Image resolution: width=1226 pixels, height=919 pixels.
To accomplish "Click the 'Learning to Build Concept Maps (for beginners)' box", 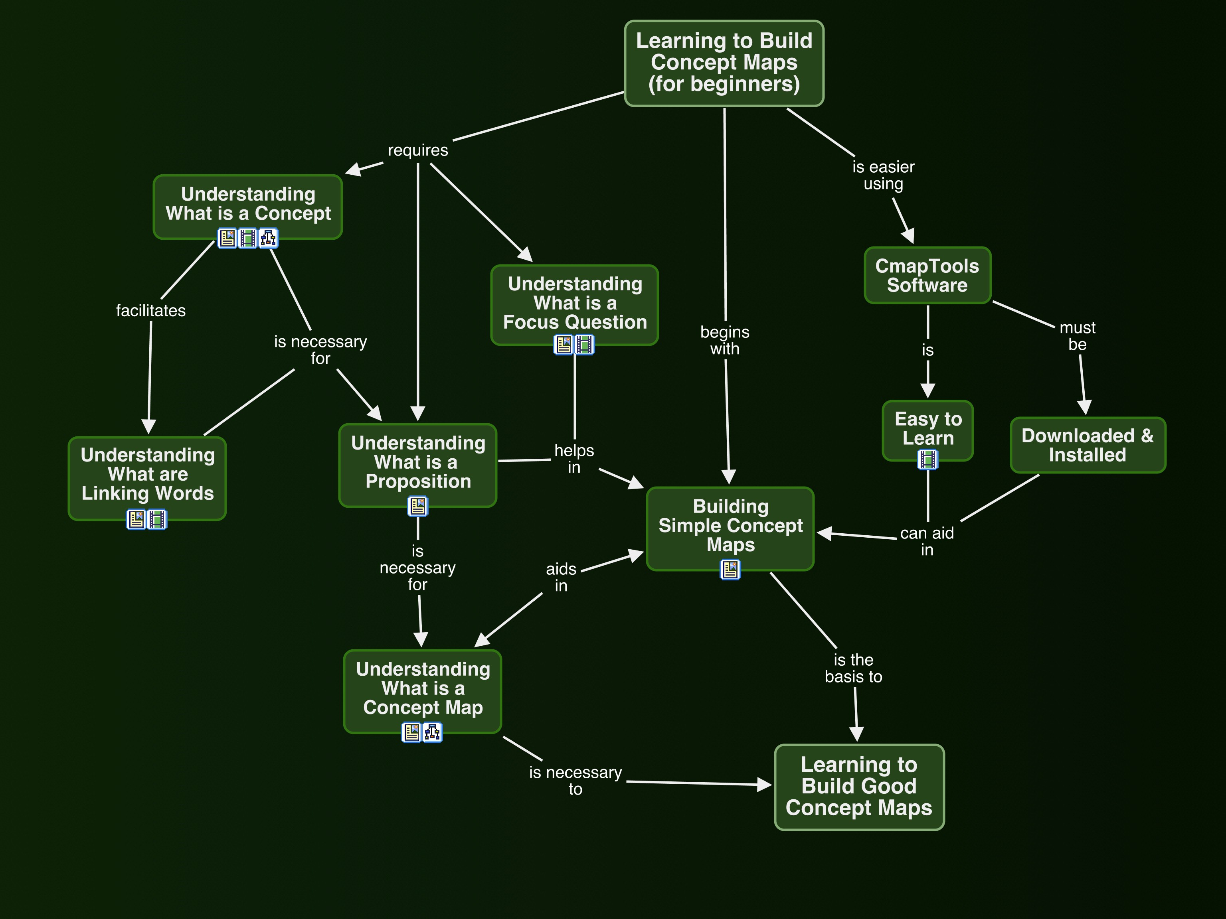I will pos(724,63).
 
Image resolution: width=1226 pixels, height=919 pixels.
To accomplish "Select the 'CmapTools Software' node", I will pos(927,275).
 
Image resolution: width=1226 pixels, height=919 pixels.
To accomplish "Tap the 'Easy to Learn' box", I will pos(928,428).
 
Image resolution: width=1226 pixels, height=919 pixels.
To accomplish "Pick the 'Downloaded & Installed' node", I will pos(1088,445).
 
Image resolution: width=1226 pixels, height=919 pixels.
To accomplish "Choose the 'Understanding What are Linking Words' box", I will pos(147,474).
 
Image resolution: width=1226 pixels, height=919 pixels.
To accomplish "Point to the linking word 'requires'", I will pos(418,150).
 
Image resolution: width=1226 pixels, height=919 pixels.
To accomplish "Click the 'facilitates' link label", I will pos(151,311).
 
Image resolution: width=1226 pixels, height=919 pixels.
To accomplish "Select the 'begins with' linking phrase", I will pos(724,340).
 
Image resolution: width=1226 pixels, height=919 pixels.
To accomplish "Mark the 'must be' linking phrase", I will pos(1078,336).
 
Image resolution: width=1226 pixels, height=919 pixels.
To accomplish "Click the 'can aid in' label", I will pos(927,541).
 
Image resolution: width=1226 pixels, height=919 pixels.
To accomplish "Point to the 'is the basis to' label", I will pos(854,668).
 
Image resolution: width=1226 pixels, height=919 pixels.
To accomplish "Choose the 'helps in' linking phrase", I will pos(574,459).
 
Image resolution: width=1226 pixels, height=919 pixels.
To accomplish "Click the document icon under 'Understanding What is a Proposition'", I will pos(418,506).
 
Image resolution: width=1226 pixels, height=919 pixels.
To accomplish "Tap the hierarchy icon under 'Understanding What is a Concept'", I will pos(268,238).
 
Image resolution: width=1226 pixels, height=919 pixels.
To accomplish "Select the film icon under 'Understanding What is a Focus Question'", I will pos(585,345).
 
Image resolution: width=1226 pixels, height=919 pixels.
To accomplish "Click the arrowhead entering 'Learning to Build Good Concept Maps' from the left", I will pos(765,785).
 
